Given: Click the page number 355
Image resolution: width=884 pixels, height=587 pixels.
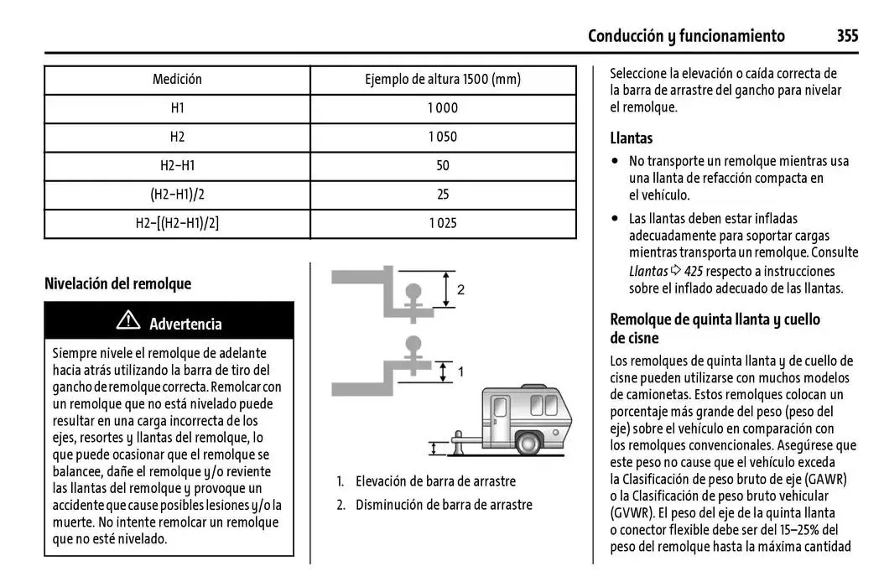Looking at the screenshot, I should click(846, 35).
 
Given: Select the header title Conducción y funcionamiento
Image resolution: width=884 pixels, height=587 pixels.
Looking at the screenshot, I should click(686, 35).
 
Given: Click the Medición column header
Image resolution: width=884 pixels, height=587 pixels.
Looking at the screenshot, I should click(177, 80).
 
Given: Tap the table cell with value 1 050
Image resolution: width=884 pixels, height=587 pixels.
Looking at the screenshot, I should click(442, 137).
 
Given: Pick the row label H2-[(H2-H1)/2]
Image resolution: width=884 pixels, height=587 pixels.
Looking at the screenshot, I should click(177, 223).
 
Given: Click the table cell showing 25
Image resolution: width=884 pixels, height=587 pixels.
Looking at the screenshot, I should click(443, 195).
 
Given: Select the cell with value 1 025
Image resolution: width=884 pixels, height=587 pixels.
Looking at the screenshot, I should click(442, 223).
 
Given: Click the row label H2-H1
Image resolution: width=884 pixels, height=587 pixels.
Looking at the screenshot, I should click(177, 166).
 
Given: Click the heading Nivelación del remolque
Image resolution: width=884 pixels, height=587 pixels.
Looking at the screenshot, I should click(117, 283).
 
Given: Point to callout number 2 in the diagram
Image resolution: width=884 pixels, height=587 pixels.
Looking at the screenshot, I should click(460, 290).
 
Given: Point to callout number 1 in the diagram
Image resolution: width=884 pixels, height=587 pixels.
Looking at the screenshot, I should click(460, 370).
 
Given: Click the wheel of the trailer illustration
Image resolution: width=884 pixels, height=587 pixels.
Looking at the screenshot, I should click(528, 443).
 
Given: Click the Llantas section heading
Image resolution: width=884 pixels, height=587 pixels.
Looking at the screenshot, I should click(631, 138).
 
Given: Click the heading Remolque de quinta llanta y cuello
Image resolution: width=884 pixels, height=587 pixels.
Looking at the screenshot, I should click(715, 319).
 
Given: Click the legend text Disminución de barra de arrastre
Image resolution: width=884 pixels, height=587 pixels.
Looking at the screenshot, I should click(444, 505).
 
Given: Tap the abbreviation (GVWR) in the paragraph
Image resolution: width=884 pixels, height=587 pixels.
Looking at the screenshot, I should click(631, 514).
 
